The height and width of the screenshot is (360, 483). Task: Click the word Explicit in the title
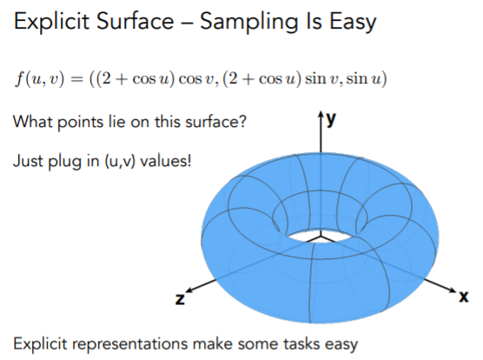pos(52,22)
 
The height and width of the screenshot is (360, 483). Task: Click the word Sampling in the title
pos(249,23)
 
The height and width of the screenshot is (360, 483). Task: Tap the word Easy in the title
pos(353,23)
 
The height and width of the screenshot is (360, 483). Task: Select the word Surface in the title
pos(135,21)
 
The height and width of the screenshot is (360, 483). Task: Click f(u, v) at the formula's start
pos(40,79)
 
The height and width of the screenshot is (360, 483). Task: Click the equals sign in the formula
pos(76,79)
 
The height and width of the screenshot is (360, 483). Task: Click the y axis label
pos(332,119)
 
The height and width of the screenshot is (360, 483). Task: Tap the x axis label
pos(464,297)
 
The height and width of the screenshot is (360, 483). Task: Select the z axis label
pos(180,299)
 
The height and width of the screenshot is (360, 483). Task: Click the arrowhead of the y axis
pos(321,113)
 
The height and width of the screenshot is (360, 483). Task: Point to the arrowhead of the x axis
pos(453,290)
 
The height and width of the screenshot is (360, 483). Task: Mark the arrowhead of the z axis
pos(189,290)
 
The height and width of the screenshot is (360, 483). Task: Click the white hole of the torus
pos(321,236)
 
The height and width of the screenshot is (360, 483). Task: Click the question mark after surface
pos(242,122)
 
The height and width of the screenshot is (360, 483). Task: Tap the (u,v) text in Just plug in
pos(120,161)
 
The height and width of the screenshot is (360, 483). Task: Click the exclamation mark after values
pos(189,160)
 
